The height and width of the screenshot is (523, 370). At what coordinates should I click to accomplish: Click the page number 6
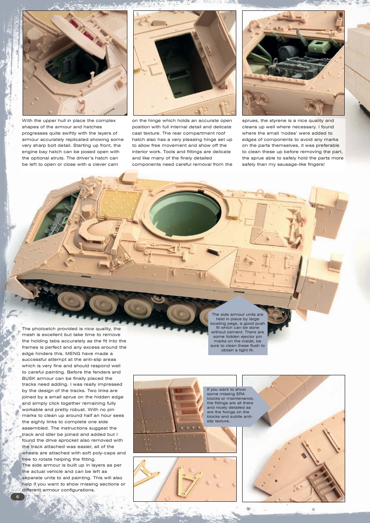[x=17, y=496]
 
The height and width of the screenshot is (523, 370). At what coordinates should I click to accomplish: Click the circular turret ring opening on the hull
[x=185, y=212]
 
